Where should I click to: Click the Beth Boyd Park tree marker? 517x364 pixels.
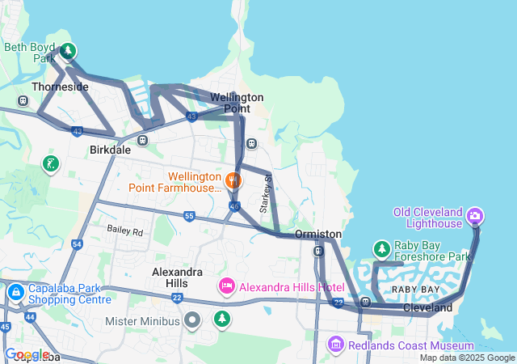tap(68, 52)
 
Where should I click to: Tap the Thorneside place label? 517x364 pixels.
tap(60, 87)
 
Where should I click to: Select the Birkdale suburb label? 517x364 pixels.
tap(110, 150)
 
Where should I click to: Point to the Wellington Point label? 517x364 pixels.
tap(237, 103)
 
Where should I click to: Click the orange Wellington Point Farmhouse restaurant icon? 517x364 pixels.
tap(233, 180)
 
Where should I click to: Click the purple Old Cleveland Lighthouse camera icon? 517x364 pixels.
tap(475, 215)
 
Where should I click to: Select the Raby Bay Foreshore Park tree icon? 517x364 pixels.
tap(381, 249)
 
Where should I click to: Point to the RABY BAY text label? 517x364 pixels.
tap(415, 290)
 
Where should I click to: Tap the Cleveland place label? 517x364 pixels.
tap(428, 308)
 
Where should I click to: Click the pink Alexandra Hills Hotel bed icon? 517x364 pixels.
tap(226, 286)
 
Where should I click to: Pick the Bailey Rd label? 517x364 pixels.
tap(124, 231)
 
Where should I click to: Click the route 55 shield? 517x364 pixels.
tap(189, 216)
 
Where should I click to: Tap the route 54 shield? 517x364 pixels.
tap(77, 243)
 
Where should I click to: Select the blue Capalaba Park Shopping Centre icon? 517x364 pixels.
tap(15, 291)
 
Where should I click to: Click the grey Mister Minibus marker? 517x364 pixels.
tap(191, 320)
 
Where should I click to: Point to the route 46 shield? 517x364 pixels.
tap(234, 207)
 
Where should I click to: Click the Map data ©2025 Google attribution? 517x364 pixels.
tap(466, 358)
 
